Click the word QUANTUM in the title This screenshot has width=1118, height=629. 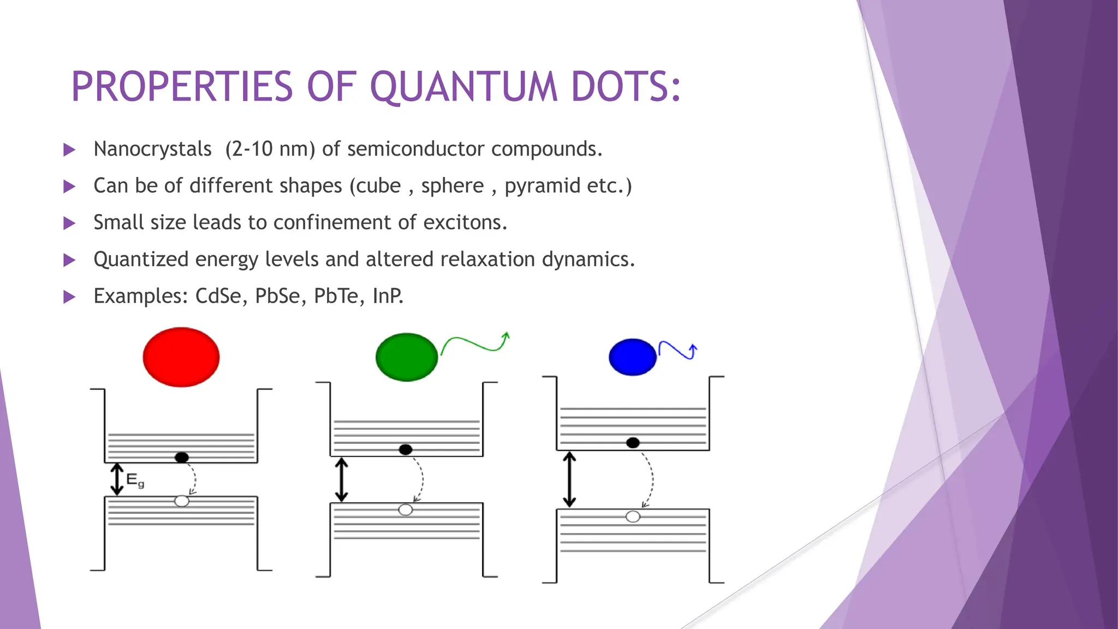point(464,87)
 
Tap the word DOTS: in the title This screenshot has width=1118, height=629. point(626,87)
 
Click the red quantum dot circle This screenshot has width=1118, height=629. point(181,357)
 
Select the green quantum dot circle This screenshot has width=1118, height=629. point(407,357)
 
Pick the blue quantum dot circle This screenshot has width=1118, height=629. point(632,357)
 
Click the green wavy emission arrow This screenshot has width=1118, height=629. point(475,344)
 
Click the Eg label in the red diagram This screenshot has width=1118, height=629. point(135,480)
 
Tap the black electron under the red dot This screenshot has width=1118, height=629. point(182,457)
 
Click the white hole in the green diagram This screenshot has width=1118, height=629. point(406,510)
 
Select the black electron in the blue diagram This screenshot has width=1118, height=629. point(633,443)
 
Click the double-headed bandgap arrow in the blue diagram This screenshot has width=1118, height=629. point(569,479)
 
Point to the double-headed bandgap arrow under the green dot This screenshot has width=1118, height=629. point(342,479)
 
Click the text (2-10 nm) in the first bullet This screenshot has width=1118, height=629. point(270,149)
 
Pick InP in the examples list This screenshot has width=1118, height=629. point(388,296)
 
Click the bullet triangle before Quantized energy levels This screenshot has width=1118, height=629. point(69,260)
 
